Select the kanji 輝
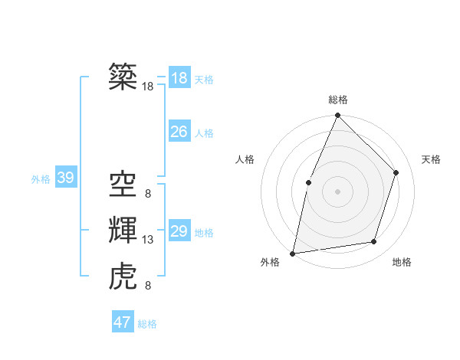tap(123, 228)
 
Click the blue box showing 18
tap(179, 78)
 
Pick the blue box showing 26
tap(179, 132)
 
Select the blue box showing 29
tap(179, 231)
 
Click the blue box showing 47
tap(123, 322)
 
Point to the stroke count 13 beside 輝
tap(148, 240)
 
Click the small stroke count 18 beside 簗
tap(148, 87)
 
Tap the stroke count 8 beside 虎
tap(147, 286)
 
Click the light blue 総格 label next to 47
tap(147, 324)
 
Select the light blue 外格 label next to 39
tap(41, 180)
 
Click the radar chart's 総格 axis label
tap(337, 100)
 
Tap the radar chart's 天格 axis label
tap(431, 159)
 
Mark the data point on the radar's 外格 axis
tap(293, 253)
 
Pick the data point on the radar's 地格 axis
tap(374, 242)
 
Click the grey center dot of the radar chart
tap(337, 191)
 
